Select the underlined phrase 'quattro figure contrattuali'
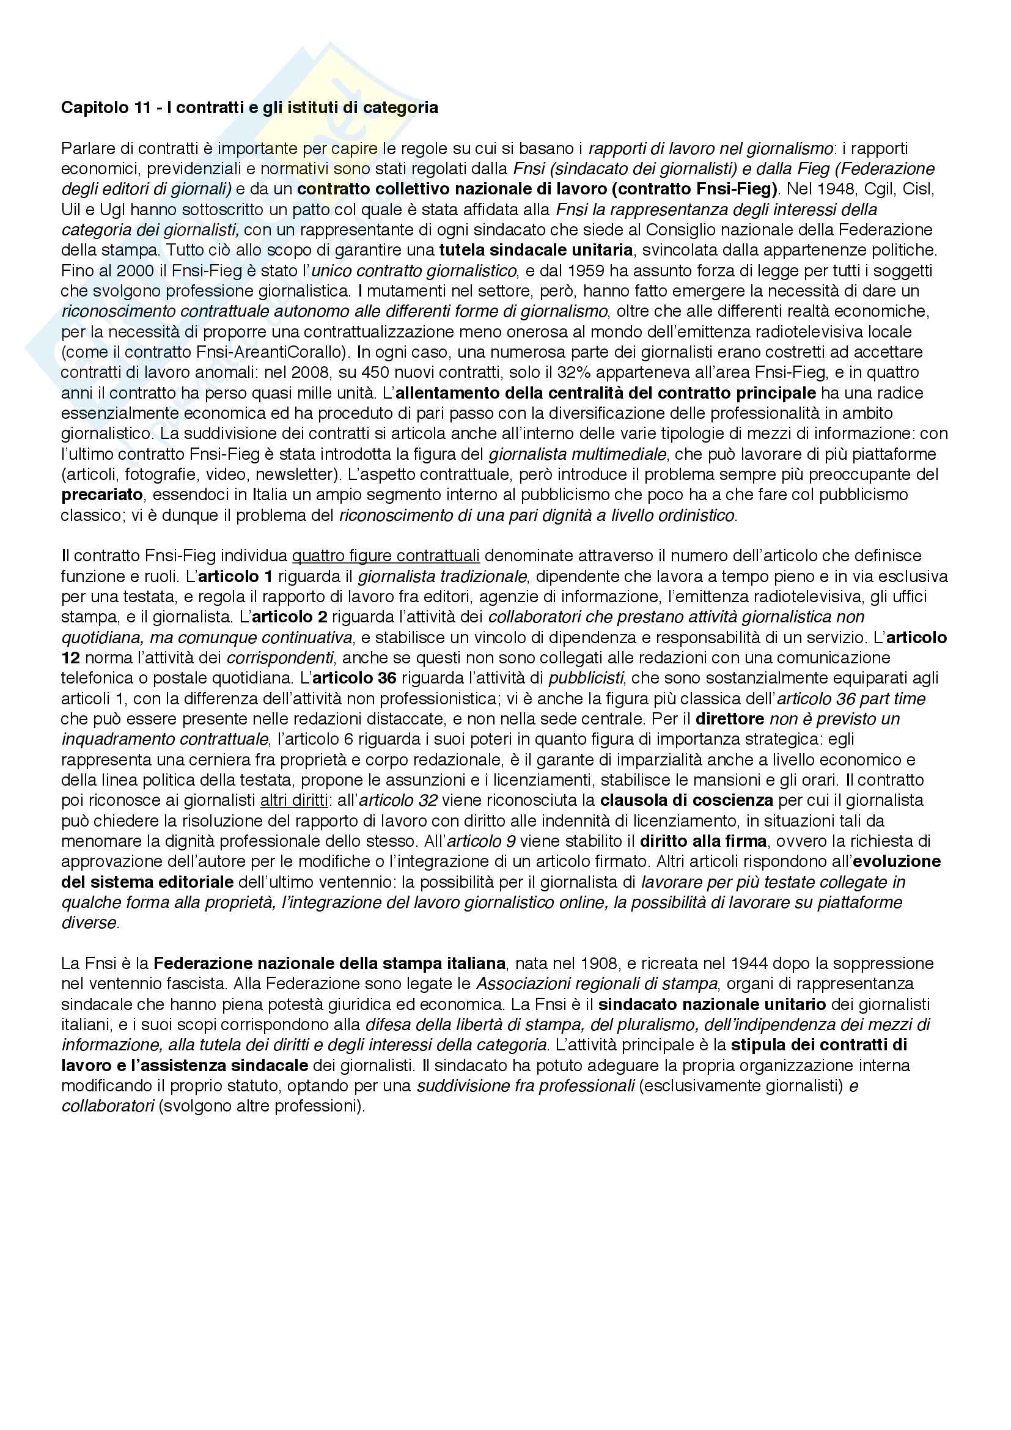(x=386, y=555)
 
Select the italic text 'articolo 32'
(x=399, y=800)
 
